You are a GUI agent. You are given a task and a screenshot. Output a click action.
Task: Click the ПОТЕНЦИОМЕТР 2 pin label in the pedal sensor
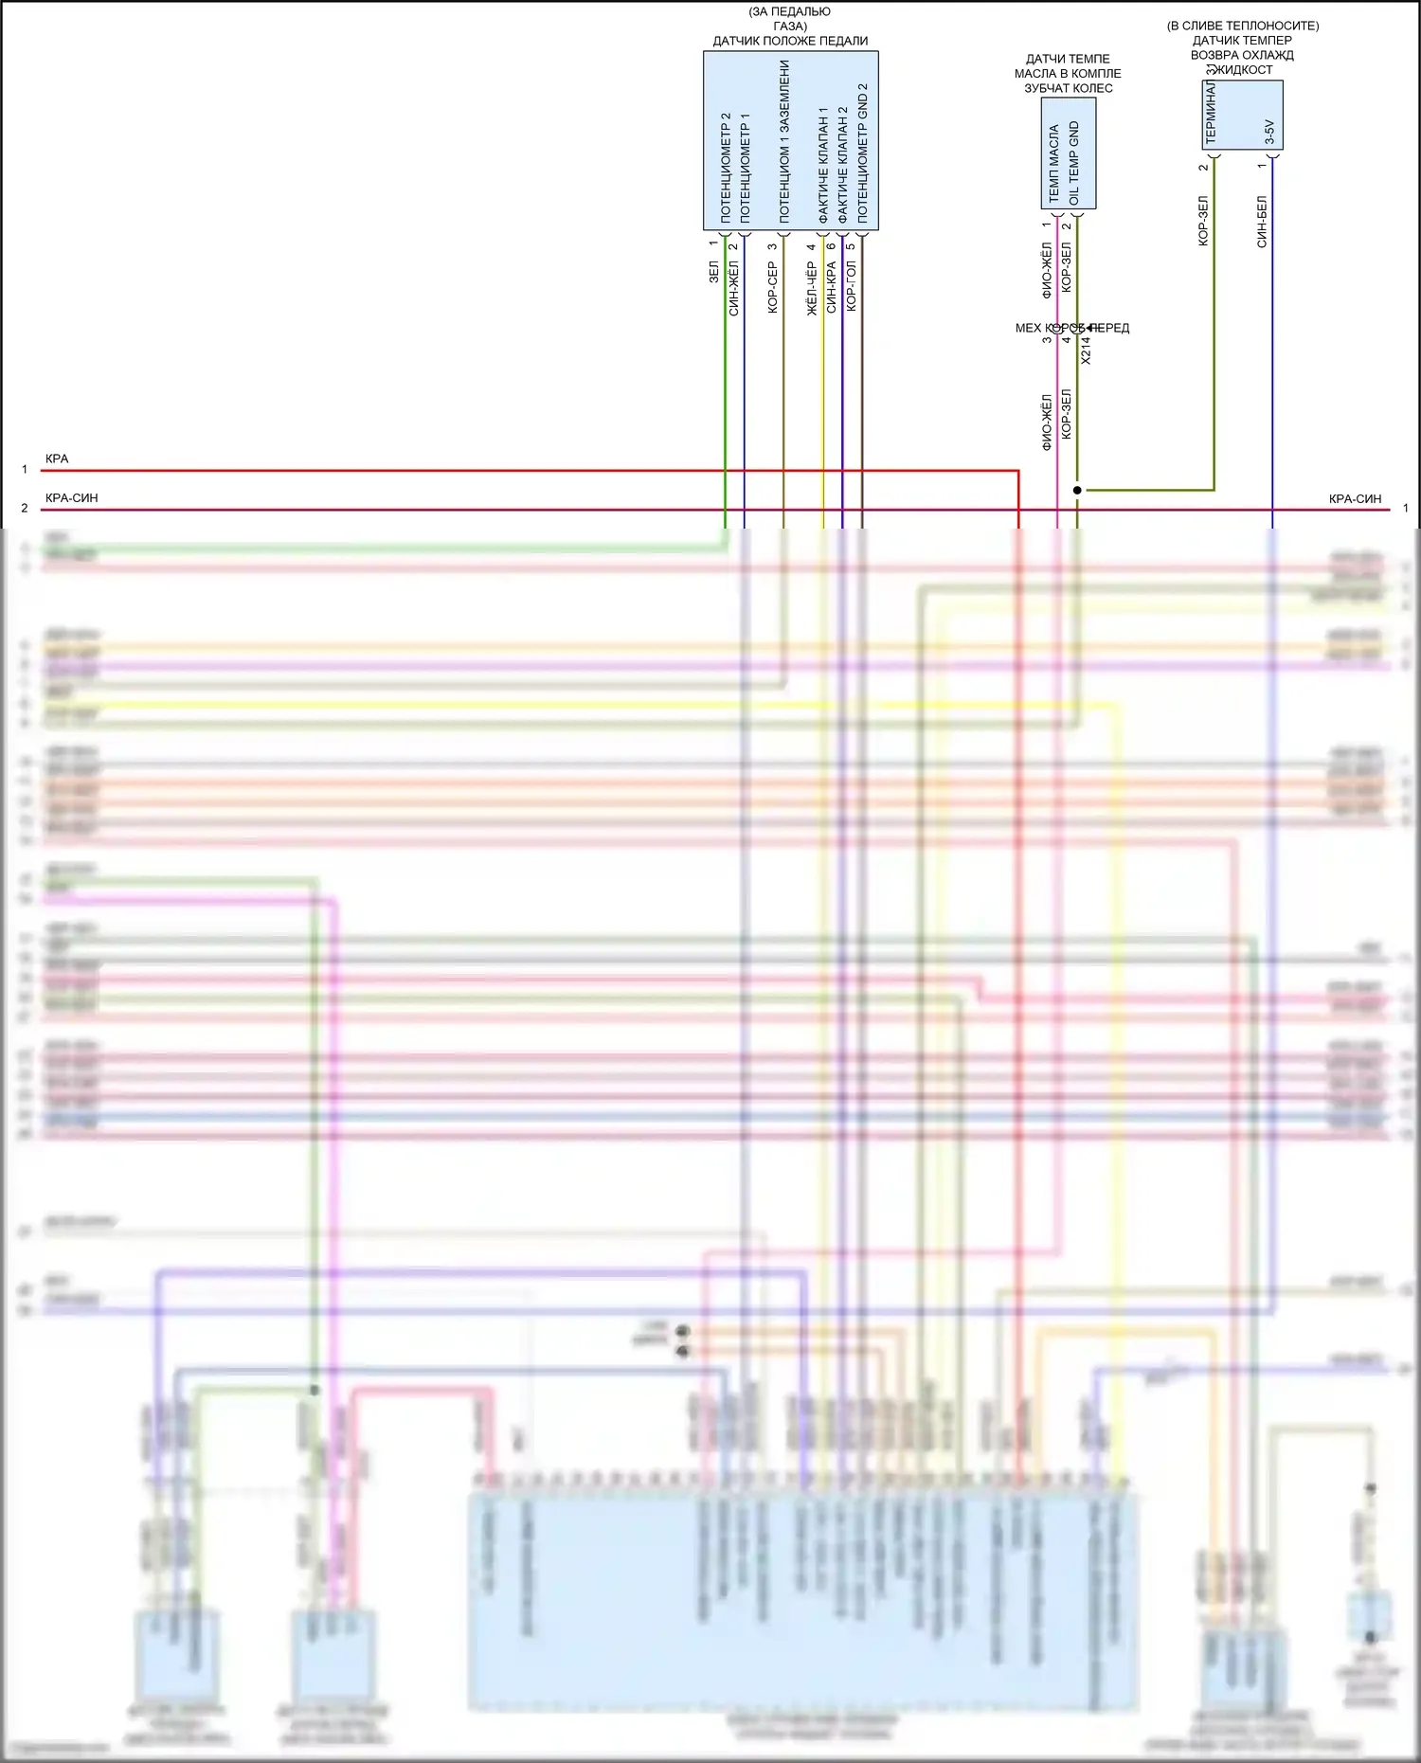pos(726,168)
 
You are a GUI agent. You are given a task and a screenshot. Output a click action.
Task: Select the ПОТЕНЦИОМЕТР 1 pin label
pos(745,168)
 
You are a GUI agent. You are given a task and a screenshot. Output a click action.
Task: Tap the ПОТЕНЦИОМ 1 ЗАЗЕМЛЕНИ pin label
pos(784,142)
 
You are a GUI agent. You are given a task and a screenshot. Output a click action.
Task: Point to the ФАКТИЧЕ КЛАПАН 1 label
pos(823,165)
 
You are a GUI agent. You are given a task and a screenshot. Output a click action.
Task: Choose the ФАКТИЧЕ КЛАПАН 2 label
pos(842,165)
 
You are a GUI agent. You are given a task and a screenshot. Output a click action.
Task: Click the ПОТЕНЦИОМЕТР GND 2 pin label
pos(862,153)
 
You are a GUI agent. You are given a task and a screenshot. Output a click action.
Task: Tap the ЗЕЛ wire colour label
pos(713,272)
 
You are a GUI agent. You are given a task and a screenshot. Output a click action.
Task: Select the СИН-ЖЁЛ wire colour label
pos(733,288)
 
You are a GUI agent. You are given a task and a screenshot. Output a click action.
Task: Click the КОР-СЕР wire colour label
pos(772,287)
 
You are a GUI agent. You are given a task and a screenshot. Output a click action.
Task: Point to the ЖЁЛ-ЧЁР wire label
pos(811,288)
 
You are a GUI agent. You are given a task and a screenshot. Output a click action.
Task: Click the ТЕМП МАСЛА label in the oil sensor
pos(1054,163)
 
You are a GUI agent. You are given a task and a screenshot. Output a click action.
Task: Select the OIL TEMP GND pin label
pos(1073,163)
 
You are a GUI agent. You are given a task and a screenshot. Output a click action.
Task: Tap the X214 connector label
pos(1086,351)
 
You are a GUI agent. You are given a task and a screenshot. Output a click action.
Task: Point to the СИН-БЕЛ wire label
pos(1262,222)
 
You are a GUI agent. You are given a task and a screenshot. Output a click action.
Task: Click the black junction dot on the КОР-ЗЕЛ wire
pos(1077,490)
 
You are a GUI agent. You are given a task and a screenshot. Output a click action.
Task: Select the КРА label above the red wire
pos(57,459)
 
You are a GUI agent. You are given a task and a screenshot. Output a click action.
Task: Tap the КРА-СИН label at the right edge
pos(1355,498)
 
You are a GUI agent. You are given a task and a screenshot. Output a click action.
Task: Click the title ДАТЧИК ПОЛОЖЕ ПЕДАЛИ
pos(790,41)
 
